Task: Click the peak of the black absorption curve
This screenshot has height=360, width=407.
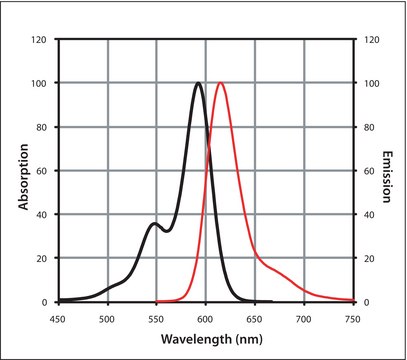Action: (x=199, y=83)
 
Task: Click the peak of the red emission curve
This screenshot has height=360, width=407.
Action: (x=220, y=83)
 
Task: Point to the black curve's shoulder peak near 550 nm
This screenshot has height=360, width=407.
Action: (x=153, y=223)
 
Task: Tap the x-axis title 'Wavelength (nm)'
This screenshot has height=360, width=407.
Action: (x=205, y=340)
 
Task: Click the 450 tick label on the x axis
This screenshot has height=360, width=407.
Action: (x=58, y=317)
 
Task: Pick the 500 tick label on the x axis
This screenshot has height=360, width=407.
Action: (x=107, y=317)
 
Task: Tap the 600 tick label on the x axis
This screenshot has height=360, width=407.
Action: (x=205, y=317)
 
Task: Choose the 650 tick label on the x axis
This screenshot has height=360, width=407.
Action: (x=254, y=317)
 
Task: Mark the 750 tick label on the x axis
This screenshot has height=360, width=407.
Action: (x=351, y=317)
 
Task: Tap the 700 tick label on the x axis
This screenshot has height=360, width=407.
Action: (x=303, y=317)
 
